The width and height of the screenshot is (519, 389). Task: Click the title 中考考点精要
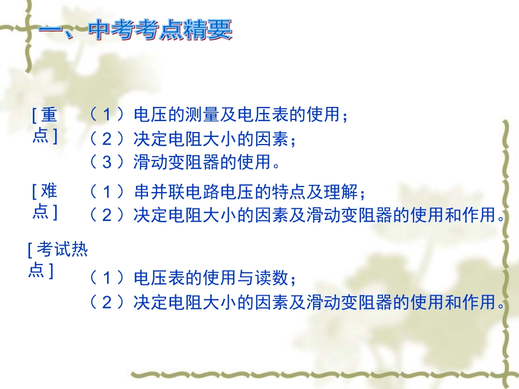pyautogui.click(x=136, y=31)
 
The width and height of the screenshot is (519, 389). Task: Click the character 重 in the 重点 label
pyautogui.click(x=49, y=115)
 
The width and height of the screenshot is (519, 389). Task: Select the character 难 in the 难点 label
pyautogui.click(x=49, y=191)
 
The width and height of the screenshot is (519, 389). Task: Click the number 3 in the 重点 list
pyautogui.click(x=107, y=163)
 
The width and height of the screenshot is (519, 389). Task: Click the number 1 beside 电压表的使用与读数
pyautogui.click(x=107, y=278)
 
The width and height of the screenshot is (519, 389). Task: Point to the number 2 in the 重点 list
pyautogui.click(x=107, y=140)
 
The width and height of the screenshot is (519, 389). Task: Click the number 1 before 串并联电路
pyautogui.click(x=107, y=192)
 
